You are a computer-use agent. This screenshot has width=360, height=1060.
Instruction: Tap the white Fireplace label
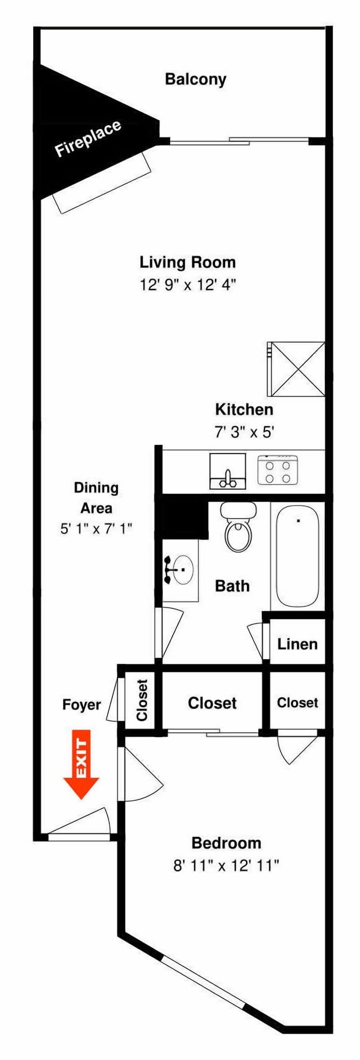88,139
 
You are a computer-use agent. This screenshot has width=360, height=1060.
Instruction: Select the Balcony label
195,79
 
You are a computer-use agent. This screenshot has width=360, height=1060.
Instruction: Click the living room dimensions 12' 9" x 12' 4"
187,284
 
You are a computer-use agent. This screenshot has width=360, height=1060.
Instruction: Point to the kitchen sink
227,471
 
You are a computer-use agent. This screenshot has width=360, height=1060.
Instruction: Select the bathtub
297,556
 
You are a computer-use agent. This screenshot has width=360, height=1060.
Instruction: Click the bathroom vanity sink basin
183,570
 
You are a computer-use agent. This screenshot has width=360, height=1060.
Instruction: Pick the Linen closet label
297,644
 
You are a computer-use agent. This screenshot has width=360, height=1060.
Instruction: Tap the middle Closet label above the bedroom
212,703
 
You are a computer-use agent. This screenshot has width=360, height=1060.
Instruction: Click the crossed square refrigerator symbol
296,369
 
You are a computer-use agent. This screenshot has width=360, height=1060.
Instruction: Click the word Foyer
81,705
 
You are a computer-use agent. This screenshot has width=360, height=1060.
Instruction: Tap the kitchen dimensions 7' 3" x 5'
244,432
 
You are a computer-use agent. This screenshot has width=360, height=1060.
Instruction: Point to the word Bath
232,586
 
